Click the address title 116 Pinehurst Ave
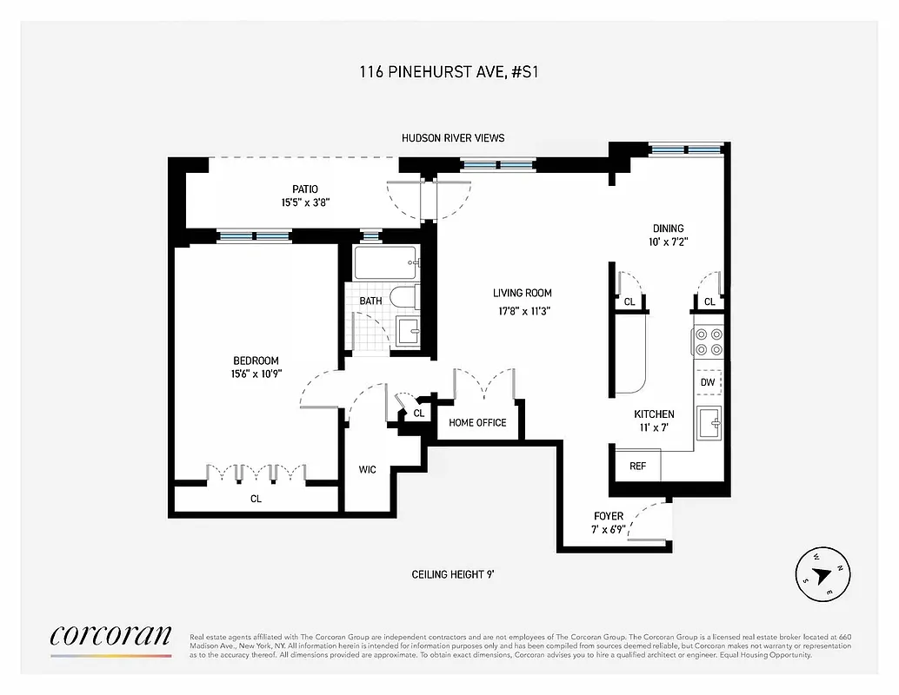[449, 73]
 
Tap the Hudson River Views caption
[452, 138]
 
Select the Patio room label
[304, 189]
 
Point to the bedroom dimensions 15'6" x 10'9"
[256, 374]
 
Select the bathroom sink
[407, 331]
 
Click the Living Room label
[522, 294]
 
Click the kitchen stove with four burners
[708, 341]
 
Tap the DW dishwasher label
[708, 382]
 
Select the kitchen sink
[709, 423]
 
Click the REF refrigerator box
[637, 466]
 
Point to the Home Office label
[477, 423]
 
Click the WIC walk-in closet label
[367, 470]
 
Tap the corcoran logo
[110, 636]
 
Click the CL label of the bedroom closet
[256, 499]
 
